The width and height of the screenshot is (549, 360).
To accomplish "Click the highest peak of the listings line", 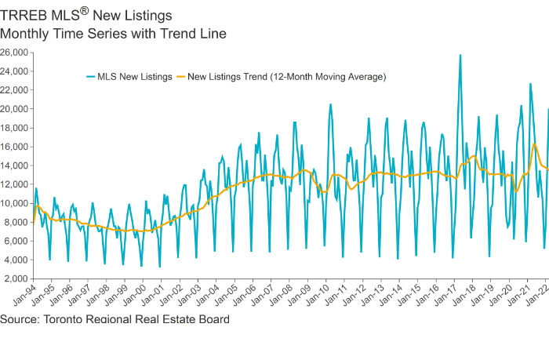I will point(460,55).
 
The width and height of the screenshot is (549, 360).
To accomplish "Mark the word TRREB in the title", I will point(24,16).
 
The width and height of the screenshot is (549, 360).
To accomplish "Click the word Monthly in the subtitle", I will point(26,34).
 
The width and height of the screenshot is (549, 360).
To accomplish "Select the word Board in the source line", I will point(213,320).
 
